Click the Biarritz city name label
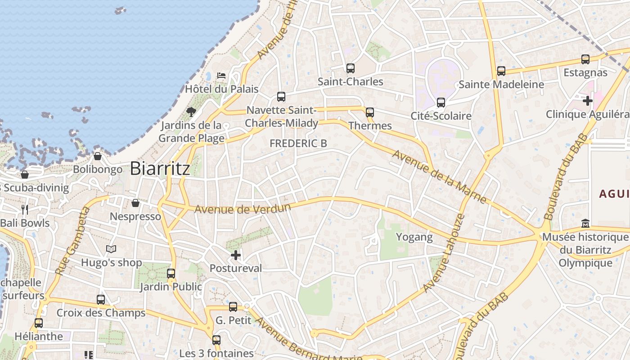tap(160, 168)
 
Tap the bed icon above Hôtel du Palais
tap(221, 75)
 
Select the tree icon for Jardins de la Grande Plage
tap(191, 112)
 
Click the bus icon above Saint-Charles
tap(351, 68)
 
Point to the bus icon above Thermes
tap(370, 112)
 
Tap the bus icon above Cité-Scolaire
tap(441, 103)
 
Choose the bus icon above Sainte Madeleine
tap(501, 71)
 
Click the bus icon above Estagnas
tap(585, 59)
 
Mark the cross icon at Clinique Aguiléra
tap(587, 101)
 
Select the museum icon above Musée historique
tap(585, 223)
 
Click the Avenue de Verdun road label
tap(243, 209)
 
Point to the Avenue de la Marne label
tap(439, 176)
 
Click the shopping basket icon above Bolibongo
tap(98, 157)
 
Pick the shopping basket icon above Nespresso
tap(135, 203)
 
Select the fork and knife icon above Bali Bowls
tap(25, 209)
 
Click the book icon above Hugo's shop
tap(111, 249)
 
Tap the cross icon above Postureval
tap(235, 256)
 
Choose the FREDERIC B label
tap(298, 143)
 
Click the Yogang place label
tap(414, 237)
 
